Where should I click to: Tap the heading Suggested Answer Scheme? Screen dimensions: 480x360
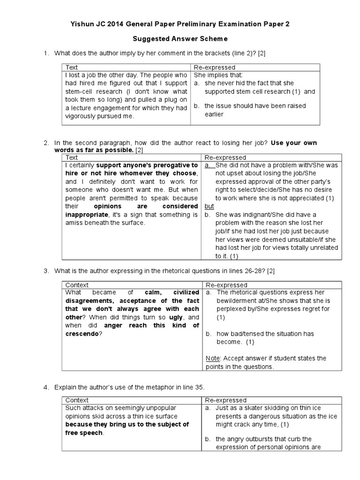(180, 39)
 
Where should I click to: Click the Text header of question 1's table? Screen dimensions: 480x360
(72, 67)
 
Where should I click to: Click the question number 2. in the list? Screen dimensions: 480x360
(46, 142)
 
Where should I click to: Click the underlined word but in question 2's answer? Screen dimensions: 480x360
(209, 206)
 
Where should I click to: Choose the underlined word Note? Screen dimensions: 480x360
(213, 358)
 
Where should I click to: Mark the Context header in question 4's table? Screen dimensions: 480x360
(77, 400)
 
